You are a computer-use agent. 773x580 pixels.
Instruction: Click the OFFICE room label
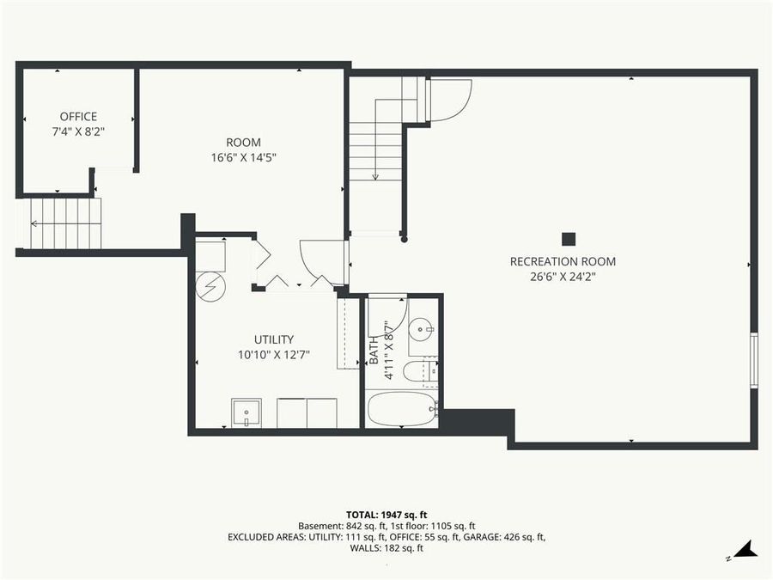click(78, 117)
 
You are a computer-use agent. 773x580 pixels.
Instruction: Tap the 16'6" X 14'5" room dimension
click(243, 157)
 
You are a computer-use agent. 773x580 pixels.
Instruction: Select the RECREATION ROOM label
click(563, 261)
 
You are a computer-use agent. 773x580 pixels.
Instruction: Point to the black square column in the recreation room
click(568, 239)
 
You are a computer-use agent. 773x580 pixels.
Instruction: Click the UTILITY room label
click(273, 339)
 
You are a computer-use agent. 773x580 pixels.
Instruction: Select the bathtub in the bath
click(402, 409)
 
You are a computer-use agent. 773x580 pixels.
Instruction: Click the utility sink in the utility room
click(247, 413)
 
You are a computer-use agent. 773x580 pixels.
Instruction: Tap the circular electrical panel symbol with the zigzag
click(209, 287)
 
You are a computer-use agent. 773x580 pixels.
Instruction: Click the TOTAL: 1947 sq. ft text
click(386, 512)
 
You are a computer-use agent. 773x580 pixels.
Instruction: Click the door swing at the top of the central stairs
click(450, 97)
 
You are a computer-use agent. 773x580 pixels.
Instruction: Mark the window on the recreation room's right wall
click(753, 360)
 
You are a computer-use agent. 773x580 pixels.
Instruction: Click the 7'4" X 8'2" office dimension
click(78, 132)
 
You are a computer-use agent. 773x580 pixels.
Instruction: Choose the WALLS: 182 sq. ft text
click(386, 548)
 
